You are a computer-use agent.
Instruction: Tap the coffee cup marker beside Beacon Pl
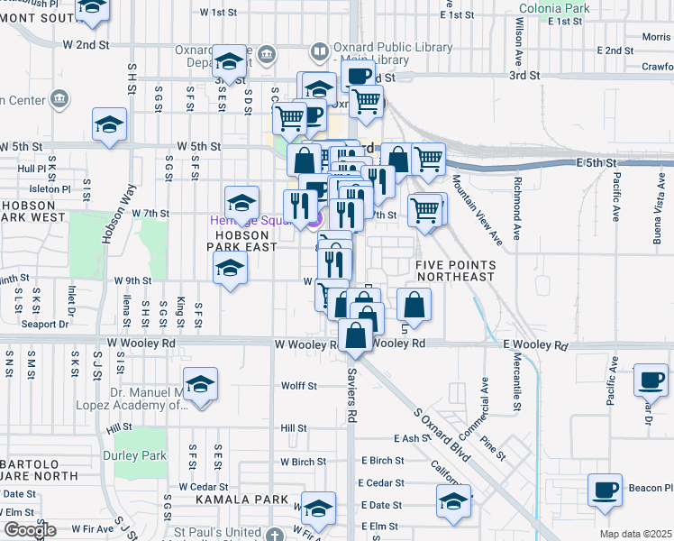click(x=605, y=491)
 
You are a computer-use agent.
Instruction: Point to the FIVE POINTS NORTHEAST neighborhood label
click(x=455, y=270)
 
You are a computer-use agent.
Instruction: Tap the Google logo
click(x=30, y=531)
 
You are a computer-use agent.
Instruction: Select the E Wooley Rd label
click(x=536, y=345)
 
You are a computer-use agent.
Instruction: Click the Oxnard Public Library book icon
click(x=319, y=52)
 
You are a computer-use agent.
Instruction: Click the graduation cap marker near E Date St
click(x=454, y=501)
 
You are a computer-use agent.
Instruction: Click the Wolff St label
click(x=299, y=386)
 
